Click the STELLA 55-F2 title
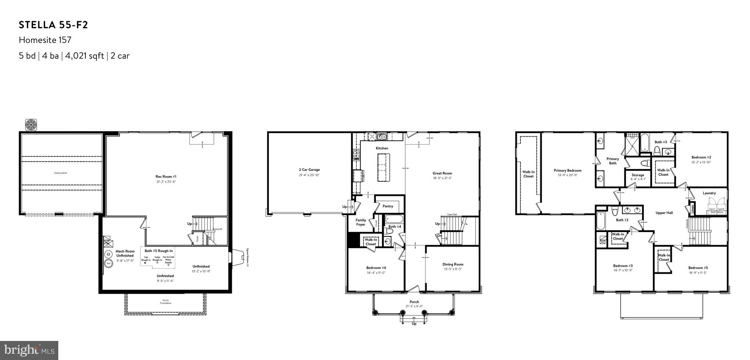click(x=54, y=25)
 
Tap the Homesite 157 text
click(x=45, y=40)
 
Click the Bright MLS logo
click(x=29, y=350)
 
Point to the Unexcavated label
click(x=60, y=173)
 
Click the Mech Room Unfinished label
click(x=125, y=253)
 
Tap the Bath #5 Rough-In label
click(x=158, y=251)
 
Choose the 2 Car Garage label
click(x=309, y=170)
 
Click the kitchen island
click(x=384, y=167)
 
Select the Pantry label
click(x=387, y=206)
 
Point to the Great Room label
click(x=442, y=173)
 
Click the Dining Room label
click(x=453, y=264)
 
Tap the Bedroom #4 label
click(x=376, y=268)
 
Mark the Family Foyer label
click(x=361, y=222)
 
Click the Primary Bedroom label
click(x=567, y=170)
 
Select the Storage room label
click(x=638, y=175)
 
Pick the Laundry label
click(x=709, y=193)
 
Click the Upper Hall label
click(x=664, y=213)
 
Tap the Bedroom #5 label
click(x=698, y=268)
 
